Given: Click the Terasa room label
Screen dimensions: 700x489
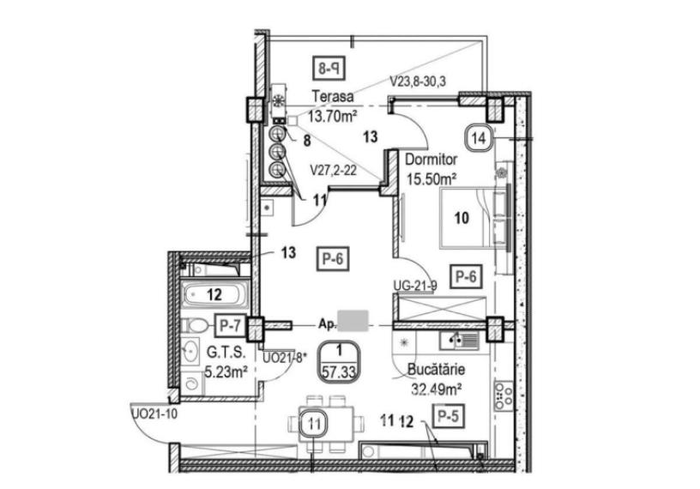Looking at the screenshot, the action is point(333,96).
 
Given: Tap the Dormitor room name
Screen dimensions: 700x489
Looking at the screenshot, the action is point(431,160).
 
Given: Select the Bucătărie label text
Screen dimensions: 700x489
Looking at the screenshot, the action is point(436,369).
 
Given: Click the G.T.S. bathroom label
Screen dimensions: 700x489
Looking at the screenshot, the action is point(226,353).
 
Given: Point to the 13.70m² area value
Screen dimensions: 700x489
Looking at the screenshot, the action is point(333,117).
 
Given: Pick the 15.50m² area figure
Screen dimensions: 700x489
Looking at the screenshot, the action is point(431,179).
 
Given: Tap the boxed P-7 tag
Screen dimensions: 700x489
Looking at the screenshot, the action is point(231,325).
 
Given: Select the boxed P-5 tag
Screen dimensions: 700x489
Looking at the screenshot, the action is point(449,417).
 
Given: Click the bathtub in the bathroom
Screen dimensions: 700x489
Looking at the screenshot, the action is point(214,294).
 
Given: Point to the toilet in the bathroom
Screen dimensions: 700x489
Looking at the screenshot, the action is point(195,325).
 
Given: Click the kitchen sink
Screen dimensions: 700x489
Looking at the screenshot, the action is point(459,341).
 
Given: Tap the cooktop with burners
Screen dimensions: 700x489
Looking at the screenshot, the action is point(504,396).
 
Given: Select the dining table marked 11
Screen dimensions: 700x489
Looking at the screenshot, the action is point(325,422).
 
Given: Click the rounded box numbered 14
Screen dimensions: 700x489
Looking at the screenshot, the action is point(479,138).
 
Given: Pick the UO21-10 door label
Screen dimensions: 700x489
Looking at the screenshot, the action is point(154,414).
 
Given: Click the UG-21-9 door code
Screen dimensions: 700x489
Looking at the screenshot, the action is point(415,285).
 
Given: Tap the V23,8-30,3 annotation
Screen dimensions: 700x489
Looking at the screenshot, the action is point(418,81).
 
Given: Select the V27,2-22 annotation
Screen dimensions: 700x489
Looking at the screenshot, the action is point(334,170).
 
